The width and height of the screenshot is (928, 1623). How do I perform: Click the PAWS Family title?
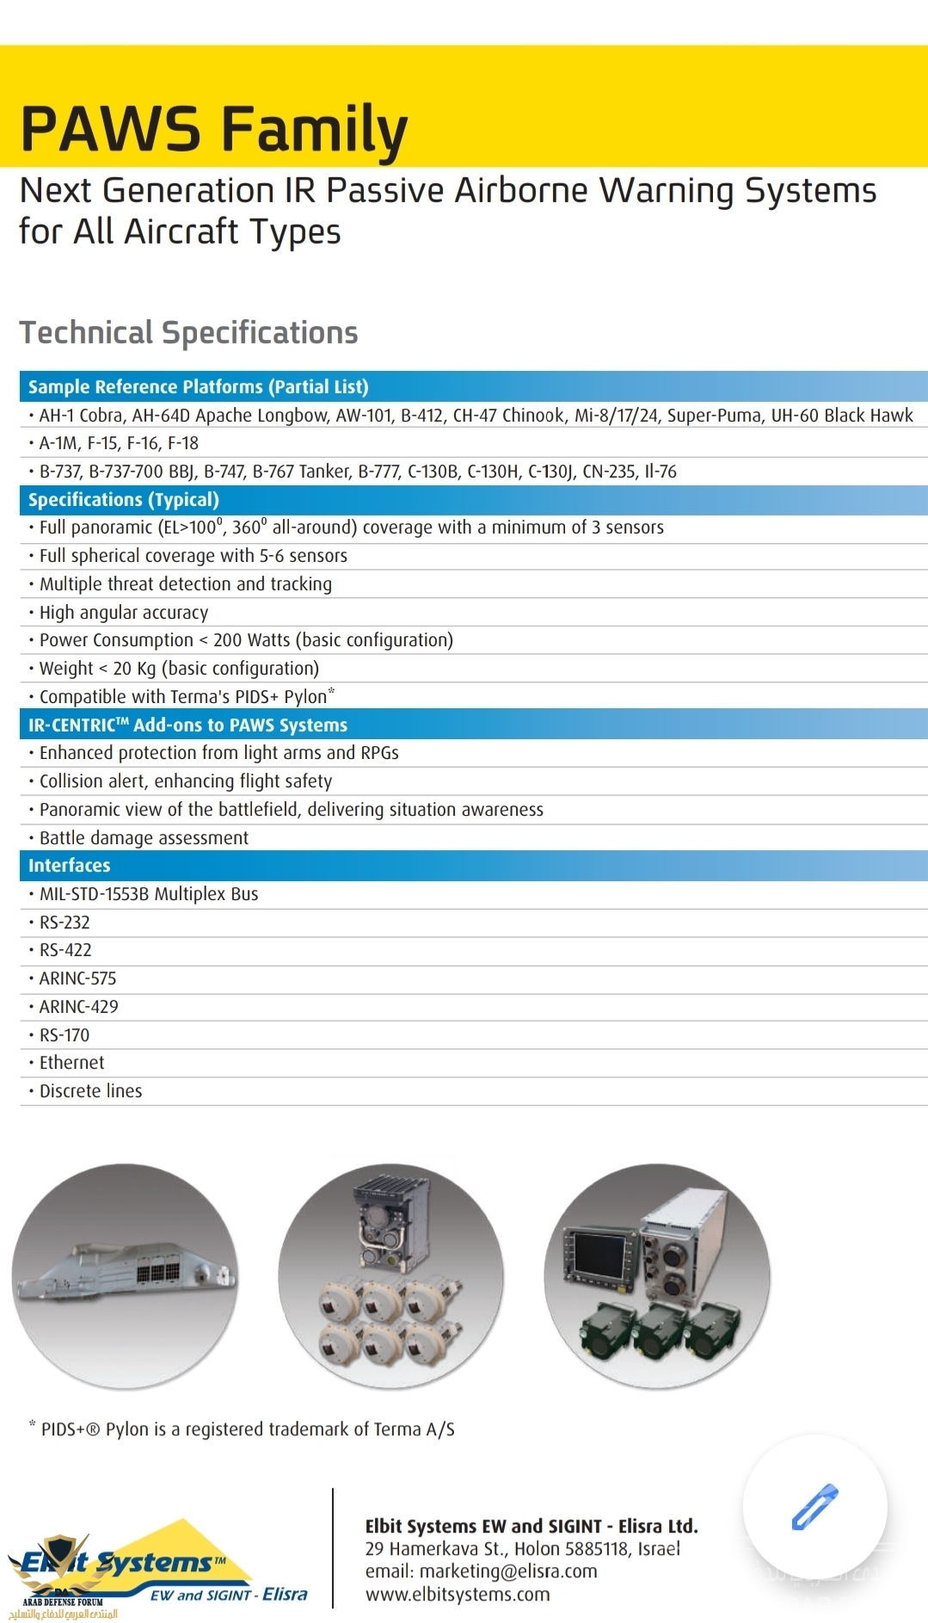click(x=213, y=129)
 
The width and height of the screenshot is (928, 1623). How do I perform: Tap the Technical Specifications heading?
click(x=188, y=333)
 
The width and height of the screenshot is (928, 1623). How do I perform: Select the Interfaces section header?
click(x=69, y=866)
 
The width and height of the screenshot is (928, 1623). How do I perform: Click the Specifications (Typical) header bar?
click(x=124, y=500)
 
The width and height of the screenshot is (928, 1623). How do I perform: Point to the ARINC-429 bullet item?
click(x=78, y=1007)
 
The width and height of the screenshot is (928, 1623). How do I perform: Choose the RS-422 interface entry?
click(x=65, y=950)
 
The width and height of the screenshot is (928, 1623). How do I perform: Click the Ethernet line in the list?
click(x=71, y=1063)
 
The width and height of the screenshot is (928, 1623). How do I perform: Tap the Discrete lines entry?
click(x=90, y=1091)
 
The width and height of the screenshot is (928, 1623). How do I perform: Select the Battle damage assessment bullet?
click(x=144, y=838)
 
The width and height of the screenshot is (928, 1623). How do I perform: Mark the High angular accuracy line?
click(x=124, y=613)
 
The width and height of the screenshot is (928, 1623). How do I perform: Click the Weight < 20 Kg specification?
click(x=179, y=669)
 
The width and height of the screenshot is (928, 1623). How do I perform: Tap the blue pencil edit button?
click(x=814, y=1506)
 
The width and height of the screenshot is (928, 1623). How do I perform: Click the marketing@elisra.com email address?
click(x=507, y=1571)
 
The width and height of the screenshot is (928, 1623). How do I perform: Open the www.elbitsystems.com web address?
click(x=458, y=1595)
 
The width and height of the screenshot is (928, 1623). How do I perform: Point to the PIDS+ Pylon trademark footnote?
click(x=247, y=1429)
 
